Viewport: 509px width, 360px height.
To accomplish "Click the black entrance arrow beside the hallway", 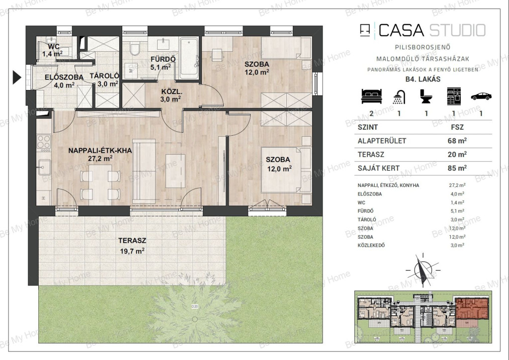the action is (x=16, y=78).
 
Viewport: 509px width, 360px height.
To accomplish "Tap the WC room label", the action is (x=54, y=46).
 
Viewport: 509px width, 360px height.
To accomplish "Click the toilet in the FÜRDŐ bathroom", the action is (x=134, y=49).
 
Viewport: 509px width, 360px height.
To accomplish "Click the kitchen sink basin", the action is (x=44, y=168).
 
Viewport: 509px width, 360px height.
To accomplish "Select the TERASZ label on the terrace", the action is (x=132, y=241).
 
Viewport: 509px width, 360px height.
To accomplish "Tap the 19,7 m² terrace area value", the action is (x=132, y=251).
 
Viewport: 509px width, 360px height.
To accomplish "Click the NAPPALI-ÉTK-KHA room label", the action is (x=100, y=150).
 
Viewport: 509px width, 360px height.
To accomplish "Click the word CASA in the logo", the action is (x=401, y=30).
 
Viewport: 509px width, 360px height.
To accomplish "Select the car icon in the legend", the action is (x=481, y=96).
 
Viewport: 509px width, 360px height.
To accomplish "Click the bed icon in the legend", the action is (x=372, y=96).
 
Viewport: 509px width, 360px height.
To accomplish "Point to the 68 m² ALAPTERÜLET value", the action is (x=457, y=141).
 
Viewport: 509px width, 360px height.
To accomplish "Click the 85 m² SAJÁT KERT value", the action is (x=457, y=168).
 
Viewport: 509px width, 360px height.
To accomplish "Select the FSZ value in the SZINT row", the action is (x=457, y=127).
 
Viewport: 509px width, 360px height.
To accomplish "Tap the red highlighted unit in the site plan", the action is (x=472, y=309).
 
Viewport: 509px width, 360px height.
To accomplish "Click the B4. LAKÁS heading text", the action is (x=423, y=79).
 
